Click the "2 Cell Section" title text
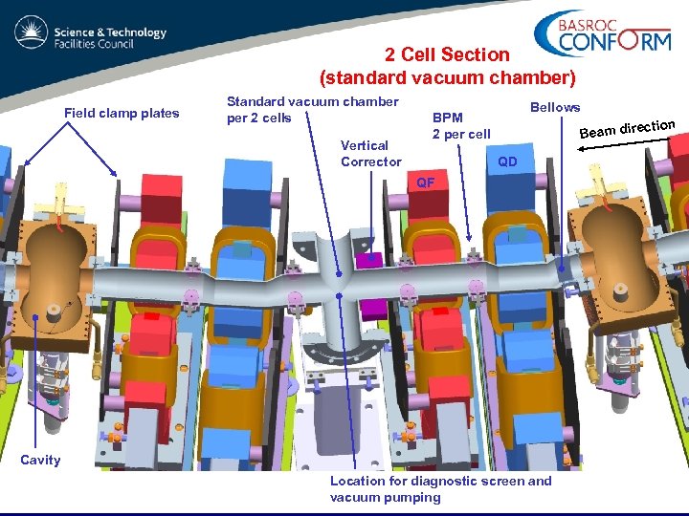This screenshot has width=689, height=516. [447, 55]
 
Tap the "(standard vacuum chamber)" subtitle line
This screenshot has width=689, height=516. [447, 77]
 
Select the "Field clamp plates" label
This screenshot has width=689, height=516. [122, 114]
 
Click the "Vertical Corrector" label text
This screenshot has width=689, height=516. [370, 154]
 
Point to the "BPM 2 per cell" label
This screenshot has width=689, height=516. [460, 126]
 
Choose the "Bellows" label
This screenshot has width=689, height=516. [555, 107]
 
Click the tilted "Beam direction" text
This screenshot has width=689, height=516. [628, 128]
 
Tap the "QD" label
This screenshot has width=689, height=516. [507, 162]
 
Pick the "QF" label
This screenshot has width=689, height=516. [425, 182]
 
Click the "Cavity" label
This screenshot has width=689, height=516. [40, 461]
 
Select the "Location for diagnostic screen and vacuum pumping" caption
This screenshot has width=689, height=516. [441, 488]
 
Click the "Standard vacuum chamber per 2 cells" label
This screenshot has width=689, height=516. [312, 110]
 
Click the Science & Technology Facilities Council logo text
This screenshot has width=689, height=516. [111, 37]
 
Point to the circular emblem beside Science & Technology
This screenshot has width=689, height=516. [32, 35]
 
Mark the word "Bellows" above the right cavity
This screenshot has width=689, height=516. [555, 107]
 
